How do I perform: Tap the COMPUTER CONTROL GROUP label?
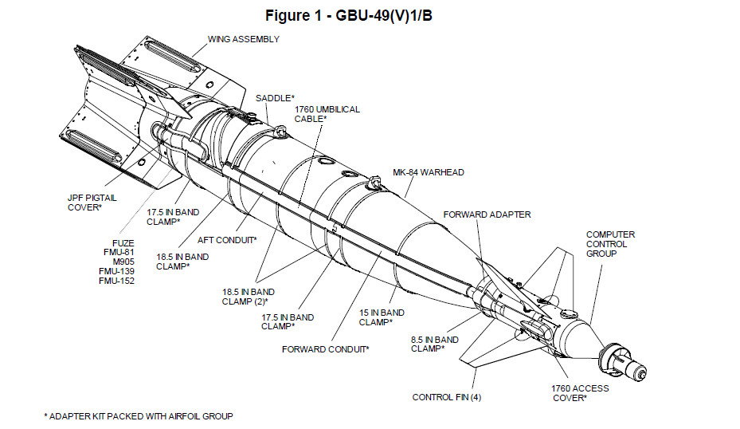coord(610,244)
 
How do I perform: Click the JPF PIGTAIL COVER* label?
coord(84,203)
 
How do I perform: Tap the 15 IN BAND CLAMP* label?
coord(381,317)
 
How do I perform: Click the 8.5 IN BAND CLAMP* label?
coord(434,344)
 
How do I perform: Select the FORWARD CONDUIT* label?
coord(325,348)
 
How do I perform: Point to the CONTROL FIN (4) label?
coord(446,397)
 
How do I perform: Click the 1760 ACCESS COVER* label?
coord(580,393)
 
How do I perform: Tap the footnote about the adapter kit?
coord(138,416)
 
